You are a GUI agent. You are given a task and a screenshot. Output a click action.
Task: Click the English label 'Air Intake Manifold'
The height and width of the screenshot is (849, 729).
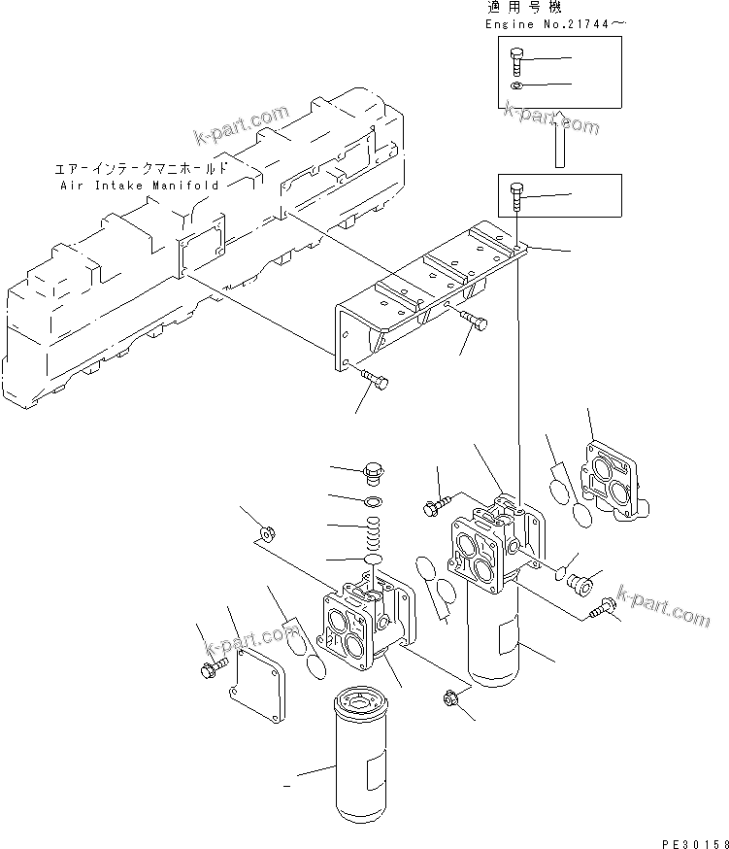click(x=140, y=184)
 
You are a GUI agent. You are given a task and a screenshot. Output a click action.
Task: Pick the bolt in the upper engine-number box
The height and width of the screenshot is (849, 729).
click(x=514, y=61)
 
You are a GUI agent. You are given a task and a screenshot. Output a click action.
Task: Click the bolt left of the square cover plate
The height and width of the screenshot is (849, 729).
click(x=211, y=669)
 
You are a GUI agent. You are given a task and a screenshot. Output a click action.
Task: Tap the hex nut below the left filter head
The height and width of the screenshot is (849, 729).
click(x=449, y=696)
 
